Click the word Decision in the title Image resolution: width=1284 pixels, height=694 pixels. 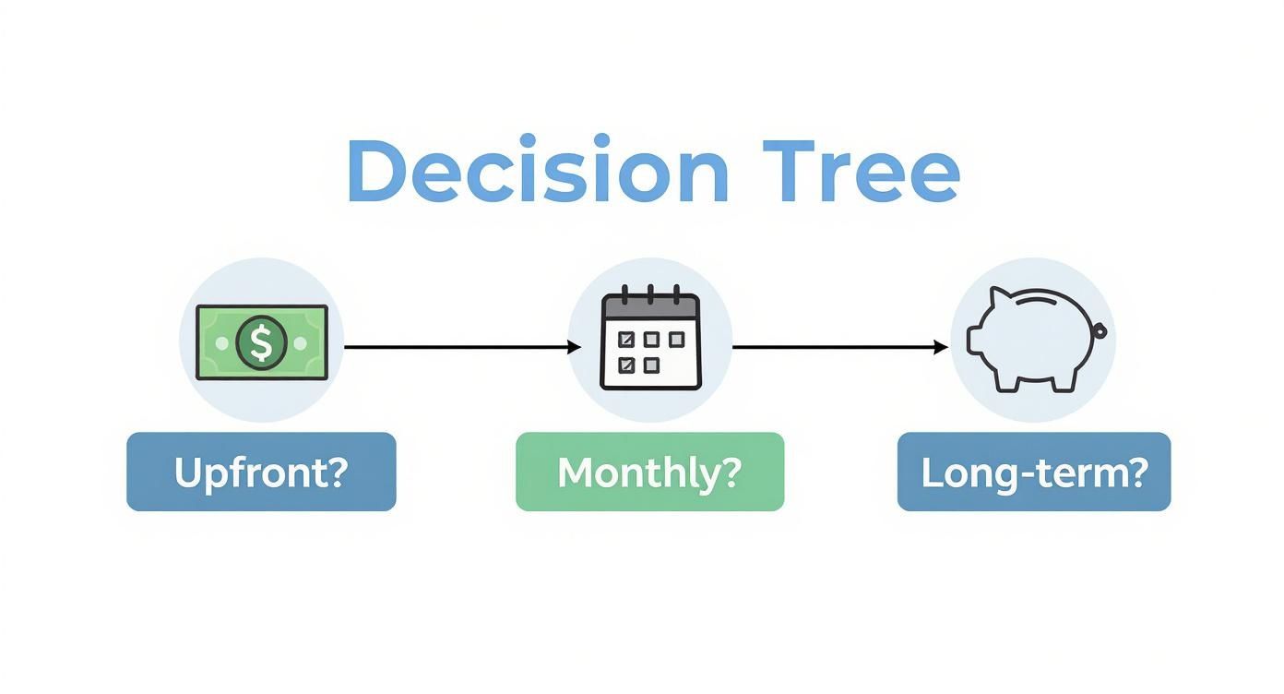(538, 172)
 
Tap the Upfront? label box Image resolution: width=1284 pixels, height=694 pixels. (261, 472)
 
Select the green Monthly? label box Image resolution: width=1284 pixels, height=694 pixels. (649, 472)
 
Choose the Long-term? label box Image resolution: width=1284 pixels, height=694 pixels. (1033, 472)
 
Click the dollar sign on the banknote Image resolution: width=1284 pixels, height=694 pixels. (261, 343)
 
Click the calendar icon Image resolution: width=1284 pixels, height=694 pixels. (650, 338)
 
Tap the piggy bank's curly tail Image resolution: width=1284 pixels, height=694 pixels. (1100, 330)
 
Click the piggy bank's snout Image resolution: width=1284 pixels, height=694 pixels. (973, 340)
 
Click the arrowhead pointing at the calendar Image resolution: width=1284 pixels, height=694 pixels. (575, 347)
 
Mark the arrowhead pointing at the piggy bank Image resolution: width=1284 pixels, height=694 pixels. (942, 347)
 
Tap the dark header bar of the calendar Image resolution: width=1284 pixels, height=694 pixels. (650, 307)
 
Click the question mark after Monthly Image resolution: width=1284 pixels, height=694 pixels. (731, 472)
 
